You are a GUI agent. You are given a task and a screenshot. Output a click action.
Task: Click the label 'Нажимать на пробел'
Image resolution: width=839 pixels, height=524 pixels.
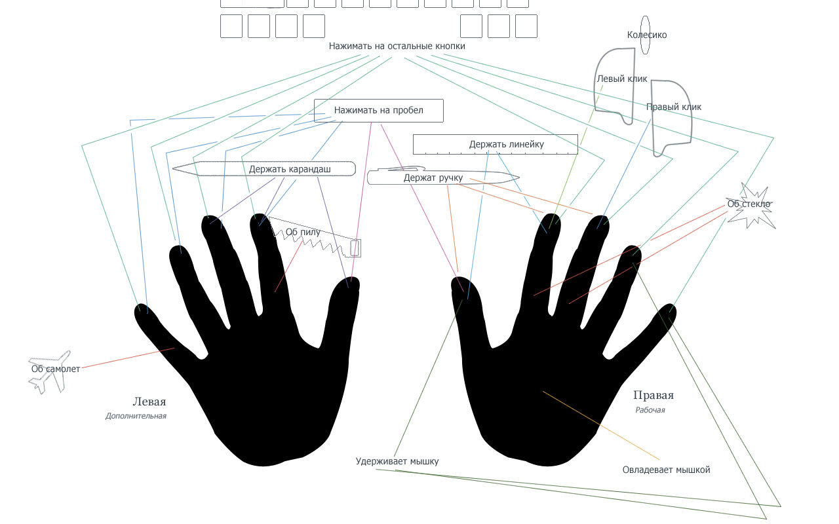click(x=379, y=110)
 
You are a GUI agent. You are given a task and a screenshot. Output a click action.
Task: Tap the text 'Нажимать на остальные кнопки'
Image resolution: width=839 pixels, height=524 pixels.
click(x=397, y=47)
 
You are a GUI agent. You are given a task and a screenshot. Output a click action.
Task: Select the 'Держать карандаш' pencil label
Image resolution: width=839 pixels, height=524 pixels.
click(x=290, y=169)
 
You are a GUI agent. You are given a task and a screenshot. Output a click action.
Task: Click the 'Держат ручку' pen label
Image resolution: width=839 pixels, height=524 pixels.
click(x=433, y=178)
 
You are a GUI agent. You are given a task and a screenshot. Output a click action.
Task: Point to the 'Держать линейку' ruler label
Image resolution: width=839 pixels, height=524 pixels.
click(x=506, y=144)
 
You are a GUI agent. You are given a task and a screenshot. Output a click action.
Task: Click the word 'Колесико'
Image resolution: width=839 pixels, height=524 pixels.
click(x=647, y=35)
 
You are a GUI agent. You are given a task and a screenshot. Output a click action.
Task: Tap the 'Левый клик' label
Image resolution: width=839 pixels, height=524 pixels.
click(x=621, y=79)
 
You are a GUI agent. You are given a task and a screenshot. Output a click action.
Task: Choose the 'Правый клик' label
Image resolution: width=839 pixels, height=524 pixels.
click(x=674, y=107)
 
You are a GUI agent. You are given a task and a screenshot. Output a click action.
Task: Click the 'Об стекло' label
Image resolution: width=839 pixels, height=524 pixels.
click(x=749, y=204)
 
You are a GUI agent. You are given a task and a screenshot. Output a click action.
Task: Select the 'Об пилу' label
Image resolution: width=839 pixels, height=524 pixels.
click(x=303, y=231)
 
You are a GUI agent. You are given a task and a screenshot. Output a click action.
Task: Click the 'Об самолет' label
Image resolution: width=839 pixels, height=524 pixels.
click(x=56, y=369)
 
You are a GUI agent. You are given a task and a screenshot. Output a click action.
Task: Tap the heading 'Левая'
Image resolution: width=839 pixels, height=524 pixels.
click(x=149, y=402)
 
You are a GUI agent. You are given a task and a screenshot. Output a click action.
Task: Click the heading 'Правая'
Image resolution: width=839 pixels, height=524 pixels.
click(x=654, y=395)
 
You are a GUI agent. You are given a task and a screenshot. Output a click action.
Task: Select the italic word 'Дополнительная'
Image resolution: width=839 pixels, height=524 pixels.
click(x=136, y=416)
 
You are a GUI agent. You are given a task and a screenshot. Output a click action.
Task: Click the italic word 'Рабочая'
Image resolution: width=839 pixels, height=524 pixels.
click(x=650, y=410)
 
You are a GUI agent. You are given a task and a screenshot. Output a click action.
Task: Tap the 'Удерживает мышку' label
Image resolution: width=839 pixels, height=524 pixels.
click(x=397, y=461)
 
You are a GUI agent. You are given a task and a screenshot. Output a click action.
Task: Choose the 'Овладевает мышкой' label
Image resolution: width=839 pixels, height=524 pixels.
click(x=666, y=470)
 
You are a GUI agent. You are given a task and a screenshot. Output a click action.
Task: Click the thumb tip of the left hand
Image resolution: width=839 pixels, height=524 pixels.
click(x=345, y=288)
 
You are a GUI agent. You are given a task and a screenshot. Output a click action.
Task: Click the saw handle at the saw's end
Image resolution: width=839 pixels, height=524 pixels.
click(x=355, y=248)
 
